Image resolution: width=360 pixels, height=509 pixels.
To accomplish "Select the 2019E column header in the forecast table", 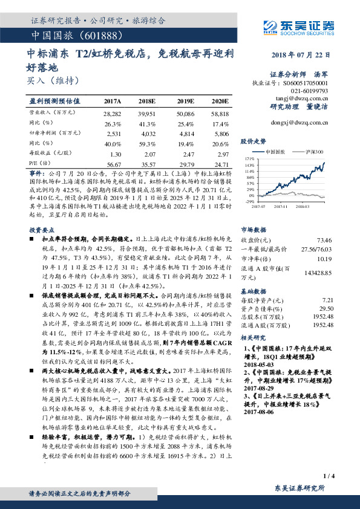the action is point(186,101).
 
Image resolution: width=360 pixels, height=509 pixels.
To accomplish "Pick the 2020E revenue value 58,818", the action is point(220,114).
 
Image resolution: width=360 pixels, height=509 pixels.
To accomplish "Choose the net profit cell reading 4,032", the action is point(148,132).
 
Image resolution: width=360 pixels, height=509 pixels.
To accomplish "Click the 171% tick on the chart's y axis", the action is point(249,158).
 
